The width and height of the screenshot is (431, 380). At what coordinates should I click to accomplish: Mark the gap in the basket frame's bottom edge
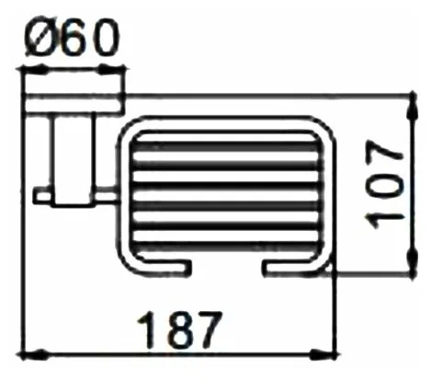[x=226, y=268]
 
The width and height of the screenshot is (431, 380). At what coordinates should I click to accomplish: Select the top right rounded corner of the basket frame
[x=317, y=129]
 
